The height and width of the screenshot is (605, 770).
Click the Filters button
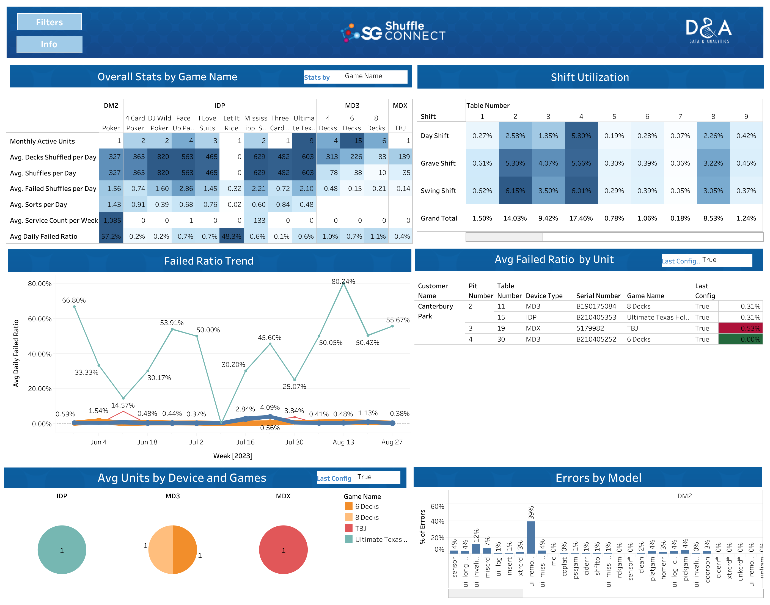(49, 22)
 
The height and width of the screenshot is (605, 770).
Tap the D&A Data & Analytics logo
(708, 31)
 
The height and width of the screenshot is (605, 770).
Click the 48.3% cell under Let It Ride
(231, 236)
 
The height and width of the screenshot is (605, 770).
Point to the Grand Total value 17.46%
(581, 218)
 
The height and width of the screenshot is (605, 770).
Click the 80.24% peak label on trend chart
(343, 281)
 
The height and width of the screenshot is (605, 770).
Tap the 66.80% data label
(74, 300)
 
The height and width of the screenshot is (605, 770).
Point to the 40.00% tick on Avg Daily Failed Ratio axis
(40, 354)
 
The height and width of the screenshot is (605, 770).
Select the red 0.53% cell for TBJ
(740, 328)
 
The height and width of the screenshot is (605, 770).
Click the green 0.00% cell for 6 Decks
(740, 339)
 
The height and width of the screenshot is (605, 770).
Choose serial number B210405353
(596, 317)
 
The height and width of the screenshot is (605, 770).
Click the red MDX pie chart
(283, 549)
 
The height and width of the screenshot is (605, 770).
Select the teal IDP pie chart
(62, 549)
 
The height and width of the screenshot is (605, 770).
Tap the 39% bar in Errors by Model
(530, 537)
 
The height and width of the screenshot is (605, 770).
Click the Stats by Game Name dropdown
(374, 76)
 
